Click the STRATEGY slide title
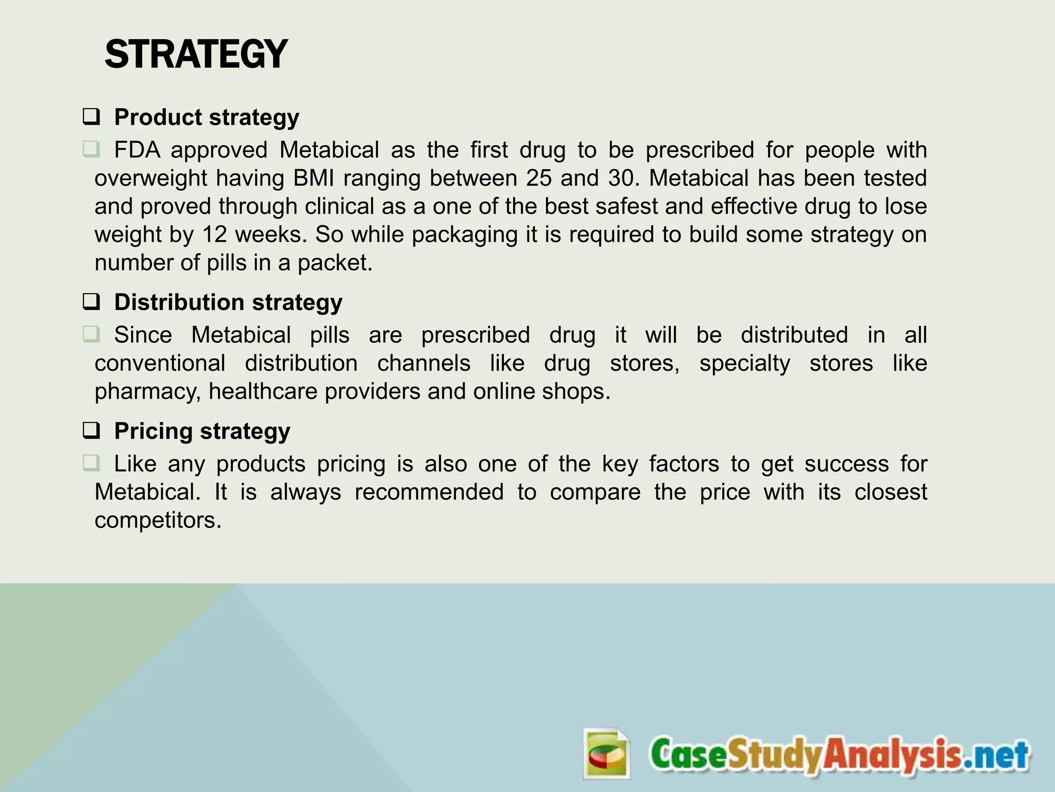tap(196, 55)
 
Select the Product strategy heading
tap(206, 118)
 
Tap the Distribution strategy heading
tap(228, 302)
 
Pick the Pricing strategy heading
tap(202, 431)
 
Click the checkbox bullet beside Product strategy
tap(91, 118)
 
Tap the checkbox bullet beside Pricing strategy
tap(91, 431)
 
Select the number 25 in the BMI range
tap(538, 178)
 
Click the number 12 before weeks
tap(214, 235)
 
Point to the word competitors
tap(158, 520)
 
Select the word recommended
tap(429, 492)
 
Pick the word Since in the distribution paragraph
tap(143, 335)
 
